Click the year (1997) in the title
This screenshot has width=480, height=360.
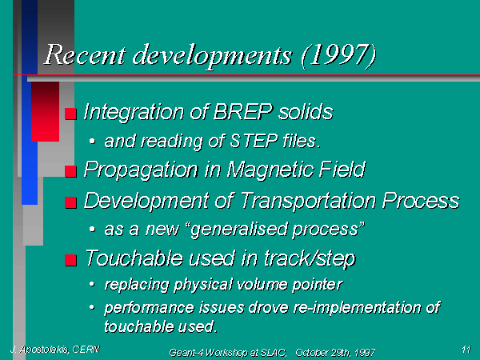tap(339, 55)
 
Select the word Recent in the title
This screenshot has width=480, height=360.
tap(85, 54)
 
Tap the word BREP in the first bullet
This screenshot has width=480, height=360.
tap(242, 111)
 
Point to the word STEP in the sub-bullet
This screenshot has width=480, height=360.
tap(254, 141)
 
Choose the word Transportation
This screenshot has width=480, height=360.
tap(309, 201)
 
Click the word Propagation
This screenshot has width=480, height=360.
tap(141, 170)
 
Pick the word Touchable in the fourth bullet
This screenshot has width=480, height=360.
tap(134, 258)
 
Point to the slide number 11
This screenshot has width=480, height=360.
tap(466, 350)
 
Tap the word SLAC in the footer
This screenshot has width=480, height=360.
tap(274, 353)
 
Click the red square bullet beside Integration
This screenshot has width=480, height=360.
tap(70, 114)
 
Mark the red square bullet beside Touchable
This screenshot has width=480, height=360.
tap(70, 260)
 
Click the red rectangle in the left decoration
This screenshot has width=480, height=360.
tap(45, 112)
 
